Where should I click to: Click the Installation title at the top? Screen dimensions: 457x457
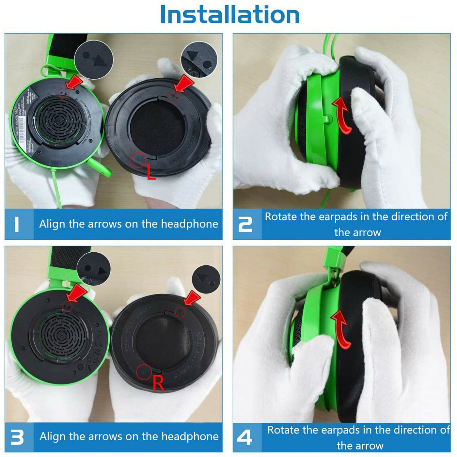point(229,15)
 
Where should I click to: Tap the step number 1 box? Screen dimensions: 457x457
point(19,224)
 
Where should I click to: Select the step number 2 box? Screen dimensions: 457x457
point(247,224)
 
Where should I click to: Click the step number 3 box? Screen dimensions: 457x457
point(19,437)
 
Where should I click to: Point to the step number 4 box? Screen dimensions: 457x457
point(247,437)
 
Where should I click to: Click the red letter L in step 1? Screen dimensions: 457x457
point(151,172)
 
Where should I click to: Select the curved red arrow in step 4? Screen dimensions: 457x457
point(341,328)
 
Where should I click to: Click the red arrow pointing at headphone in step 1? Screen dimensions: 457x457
point(74,82)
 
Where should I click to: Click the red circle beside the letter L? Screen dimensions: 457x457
point(138,160)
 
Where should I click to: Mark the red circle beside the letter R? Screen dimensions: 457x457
point(144,372)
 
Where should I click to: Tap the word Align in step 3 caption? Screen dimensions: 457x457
point(53,436)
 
